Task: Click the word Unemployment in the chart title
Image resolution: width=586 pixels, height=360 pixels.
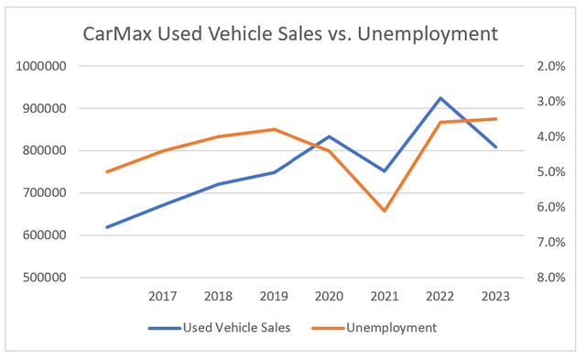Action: tap(433, 34)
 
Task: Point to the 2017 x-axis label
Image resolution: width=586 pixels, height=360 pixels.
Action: tap(162, 296)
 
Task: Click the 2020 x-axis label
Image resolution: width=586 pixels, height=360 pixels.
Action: tap(330, 296)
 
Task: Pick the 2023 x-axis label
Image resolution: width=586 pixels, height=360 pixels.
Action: tap(496, 296)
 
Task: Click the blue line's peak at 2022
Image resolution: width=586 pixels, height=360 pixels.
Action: tap(440, 98)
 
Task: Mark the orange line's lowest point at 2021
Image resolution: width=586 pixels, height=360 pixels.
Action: tap(385, 211)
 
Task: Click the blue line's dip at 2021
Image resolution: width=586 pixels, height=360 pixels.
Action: tap(385, 171)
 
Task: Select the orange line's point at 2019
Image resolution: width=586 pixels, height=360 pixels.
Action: tap(274, 129)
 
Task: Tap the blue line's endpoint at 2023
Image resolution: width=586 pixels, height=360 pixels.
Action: tap(496, 147)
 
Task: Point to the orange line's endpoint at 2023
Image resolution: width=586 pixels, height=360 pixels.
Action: tap(496, 119)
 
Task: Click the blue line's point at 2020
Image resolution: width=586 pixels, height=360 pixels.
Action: tap(330, 136)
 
